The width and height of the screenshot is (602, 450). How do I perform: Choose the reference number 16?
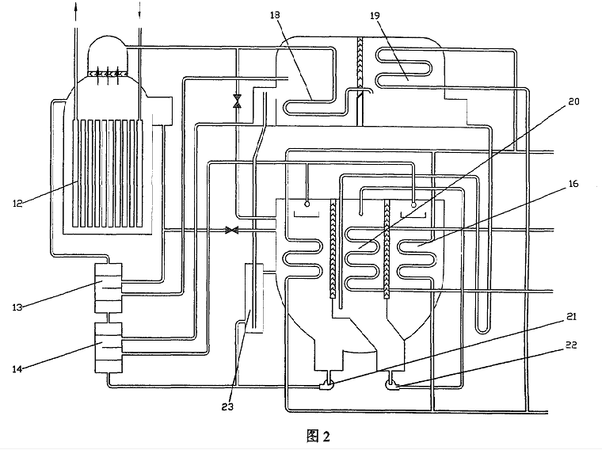pyautogui.click(x=573, y=185)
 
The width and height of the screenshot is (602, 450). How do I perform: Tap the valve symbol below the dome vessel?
pyautogui.click(x=236, y=101)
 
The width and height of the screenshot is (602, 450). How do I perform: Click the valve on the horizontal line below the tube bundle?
pyautogui.click(x=232, y=231)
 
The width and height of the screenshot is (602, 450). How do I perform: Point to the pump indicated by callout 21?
pyautogui.click(x=325, y=385)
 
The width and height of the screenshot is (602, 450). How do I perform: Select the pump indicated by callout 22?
pyautogui.click(x=393, y=385)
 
